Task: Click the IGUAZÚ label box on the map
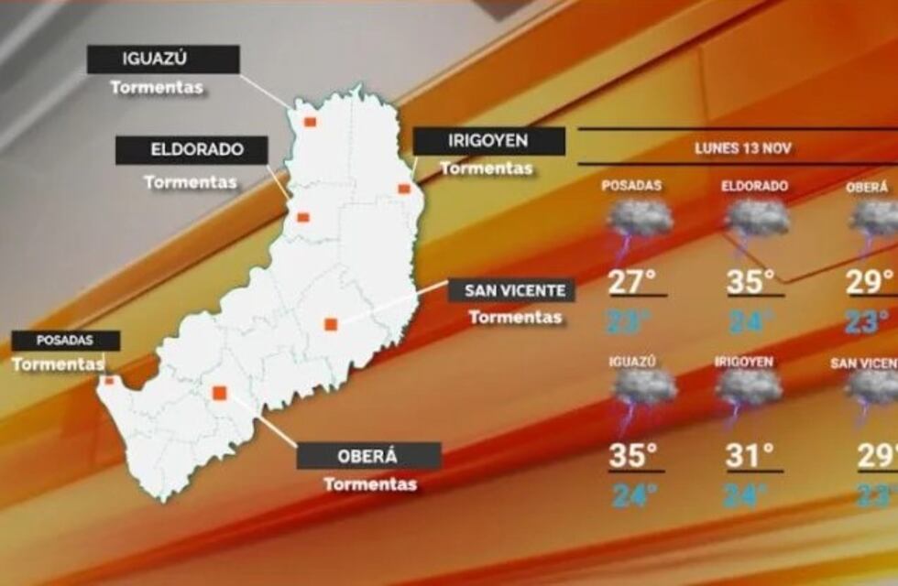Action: point(163,60)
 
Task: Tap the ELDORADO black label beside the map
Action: point(192,150)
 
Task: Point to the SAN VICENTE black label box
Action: point(512,291)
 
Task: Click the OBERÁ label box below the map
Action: point(369,456)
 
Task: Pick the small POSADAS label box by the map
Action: point(65,341)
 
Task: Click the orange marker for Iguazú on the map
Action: point(311,122)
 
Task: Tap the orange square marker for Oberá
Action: point(220,393)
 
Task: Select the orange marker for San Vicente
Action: point(331,323)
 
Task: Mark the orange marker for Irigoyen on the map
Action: point(403,189)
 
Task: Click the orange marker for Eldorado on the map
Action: point(303,218)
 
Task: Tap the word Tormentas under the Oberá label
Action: point(370,484)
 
